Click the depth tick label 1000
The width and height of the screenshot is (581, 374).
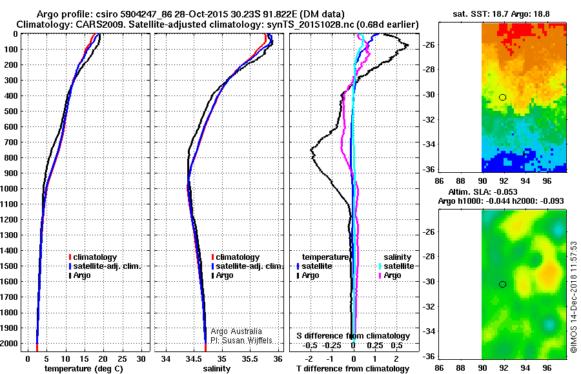coord(12,189)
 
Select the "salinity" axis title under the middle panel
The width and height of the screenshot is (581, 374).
coord(218,369)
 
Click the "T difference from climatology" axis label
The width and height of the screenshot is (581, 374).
coord(353,369)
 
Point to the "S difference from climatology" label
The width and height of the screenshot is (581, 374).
coord(353,336)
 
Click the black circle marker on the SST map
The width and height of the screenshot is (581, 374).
coord(503,97)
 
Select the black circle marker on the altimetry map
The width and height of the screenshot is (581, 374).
coord(503,284)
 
